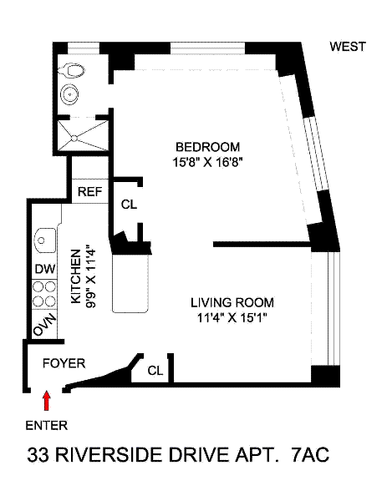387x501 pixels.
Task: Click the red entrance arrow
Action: [47, 400]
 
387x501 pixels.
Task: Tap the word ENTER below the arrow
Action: [47, 426]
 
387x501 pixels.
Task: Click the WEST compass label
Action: [348, 47]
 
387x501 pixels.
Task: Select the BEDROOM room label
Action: [207, 147]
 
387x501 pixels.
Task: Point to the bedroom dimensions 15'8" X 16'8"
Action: [207, 163]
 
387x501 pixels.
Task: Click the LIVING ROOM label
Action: [232, 302]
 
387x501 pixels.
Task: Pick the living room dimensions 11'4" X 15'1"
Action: [232, 318]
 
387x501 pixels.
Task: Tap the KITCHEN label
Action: [76, 276]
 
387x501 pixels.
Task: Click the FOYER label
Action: [64, 363]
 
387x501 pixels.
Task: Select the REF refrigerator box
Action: [90, 191]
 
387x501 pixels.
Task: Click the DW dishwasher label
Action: [45, 269]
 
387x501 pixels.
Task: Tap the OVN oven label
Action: [45, 326]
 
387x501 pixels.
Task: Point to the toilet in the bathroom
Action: [72, 70]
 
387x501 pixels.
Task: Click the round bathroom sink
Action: [69, 94]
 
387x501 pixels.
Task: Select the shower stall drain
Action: [74, 139]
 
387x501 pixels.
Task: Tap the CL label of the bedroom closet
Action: [129, 205]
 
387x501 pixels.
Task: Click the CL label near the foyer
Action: [155, 371]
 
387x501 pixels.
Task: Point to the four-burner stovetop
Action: [45, 294]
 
